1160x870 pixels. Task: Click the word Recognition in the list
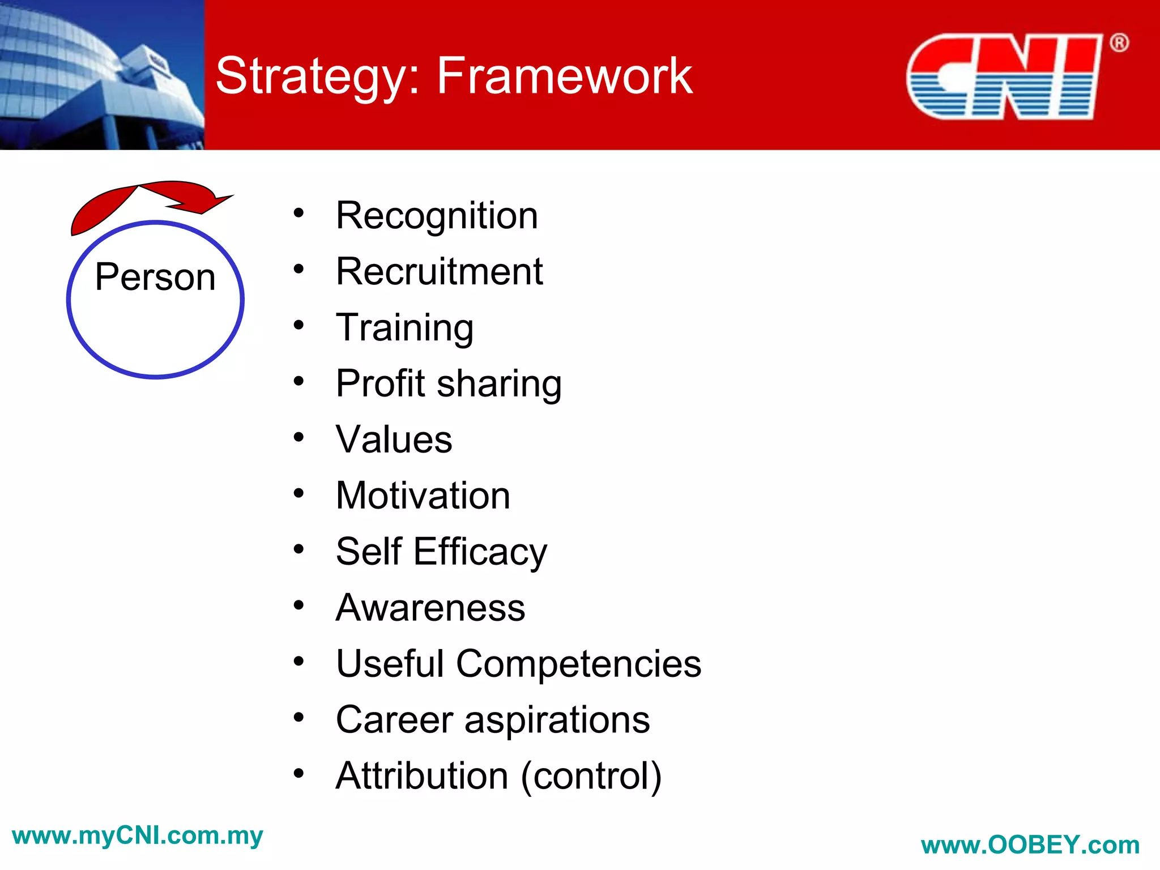(x=437, y=216)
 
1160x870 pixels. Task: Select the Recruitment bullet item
(x=439, y=272)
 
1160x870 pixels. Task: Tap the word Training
(x=404, y=329)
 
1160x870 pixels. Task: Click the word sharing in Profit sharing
(x=499, y=385)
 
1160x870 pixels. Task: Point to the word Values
(x=394, y=440)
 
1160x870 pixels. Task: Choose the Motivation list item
(x=423, y=496)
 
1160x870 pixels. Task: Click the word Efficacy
(x=480, y=552)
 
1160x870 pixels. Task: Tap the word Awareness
(x=430, y=608)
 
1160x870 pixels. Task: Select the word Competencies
(x=578, y=664)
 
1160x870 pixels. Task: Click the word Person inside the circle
(x=155, y=277)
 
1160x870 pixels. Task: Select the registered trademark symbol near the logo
(x=1119, y=43)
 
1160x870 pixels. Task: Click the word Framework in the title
(x=564, y=76)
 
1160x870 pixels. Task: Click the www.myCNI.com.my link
(x=137, y=836)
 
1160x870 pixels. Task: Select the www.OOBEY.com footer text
(x=1030, y=846)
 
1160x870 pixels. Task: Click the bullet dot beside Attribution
(x=298, y=773)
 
